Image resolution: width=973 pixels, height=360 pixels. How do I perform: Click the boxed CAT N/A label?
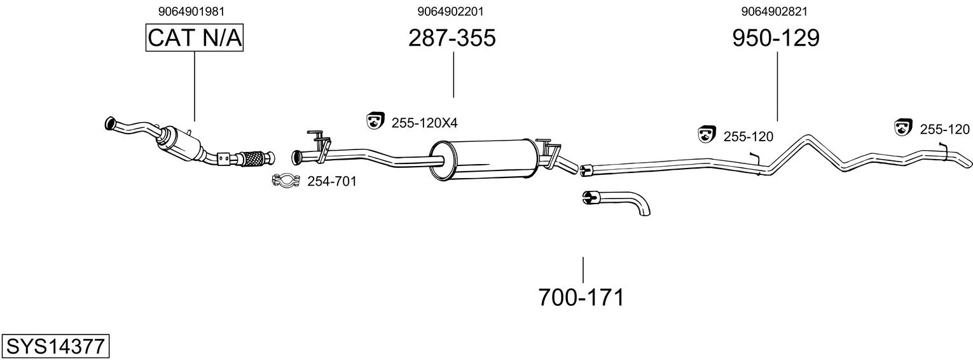pos(194,38)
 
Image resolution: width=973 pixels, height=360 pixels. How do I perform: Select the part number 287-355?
pos(452,38)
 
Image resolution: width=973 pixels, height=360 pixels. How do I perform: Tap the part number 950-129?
pos(776,38)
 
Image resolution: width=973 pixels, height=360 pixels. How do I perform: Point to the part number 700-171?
pos(581,298)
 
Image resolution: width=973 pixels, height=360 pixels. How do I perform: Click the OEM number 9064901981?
pos(191,11)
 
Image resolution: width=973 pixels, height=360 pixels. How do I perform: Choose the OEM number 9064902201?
pos(450,11)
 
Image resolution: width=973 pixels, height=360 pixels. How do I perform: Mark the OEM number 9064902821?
pos(775,11)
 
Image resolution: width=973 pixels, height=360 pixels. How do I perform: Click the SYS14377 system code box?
pos(55,346)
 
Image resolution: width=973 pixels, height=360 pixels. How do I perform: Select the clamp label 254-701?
pos(332,181)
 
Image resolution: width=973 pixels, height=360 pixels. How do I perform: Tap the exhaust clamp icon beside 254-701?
pos(286,180)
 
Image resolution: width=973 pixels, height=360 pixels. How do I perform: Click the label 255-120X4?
pos(424,123)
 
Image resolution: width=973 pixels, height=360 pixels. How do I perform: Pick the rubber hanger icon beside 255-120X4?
pos(375,120)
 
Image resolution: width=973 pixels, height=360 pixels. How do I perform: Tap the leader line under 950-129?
pos(777,87)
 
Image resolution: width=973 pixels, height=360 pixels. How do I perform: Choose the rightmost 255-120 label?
pos(944,129)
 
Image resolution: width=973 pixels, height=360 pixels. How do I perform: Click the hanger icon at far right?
pos(902,127)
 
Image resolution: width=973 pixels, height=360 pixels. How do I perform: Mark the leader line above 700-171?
pos(583,270)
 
